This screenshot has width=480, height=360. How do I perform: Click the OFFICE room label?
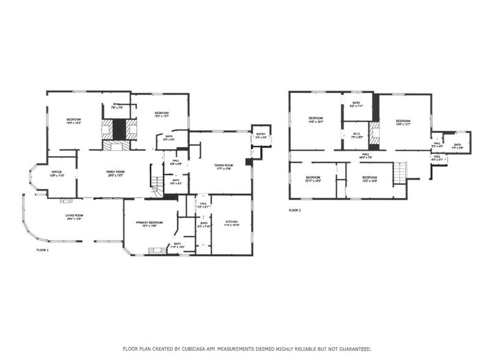pos(57,173)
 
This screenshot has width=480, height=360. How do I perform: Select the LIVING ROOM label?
pos(75,217)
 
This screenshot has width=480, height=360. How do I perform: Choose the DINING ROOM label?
pos(224,167)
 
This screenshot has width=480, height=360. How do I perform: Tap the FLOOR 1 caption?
pos(42,250)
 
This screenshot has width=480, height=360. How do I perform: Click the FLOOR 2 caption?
pos(295,210)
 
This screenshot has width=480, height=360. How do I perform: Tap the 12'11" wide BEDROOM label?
pos(313,179)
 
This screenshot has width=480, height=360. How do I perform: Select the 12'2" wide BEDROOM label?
pos(370,179)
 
